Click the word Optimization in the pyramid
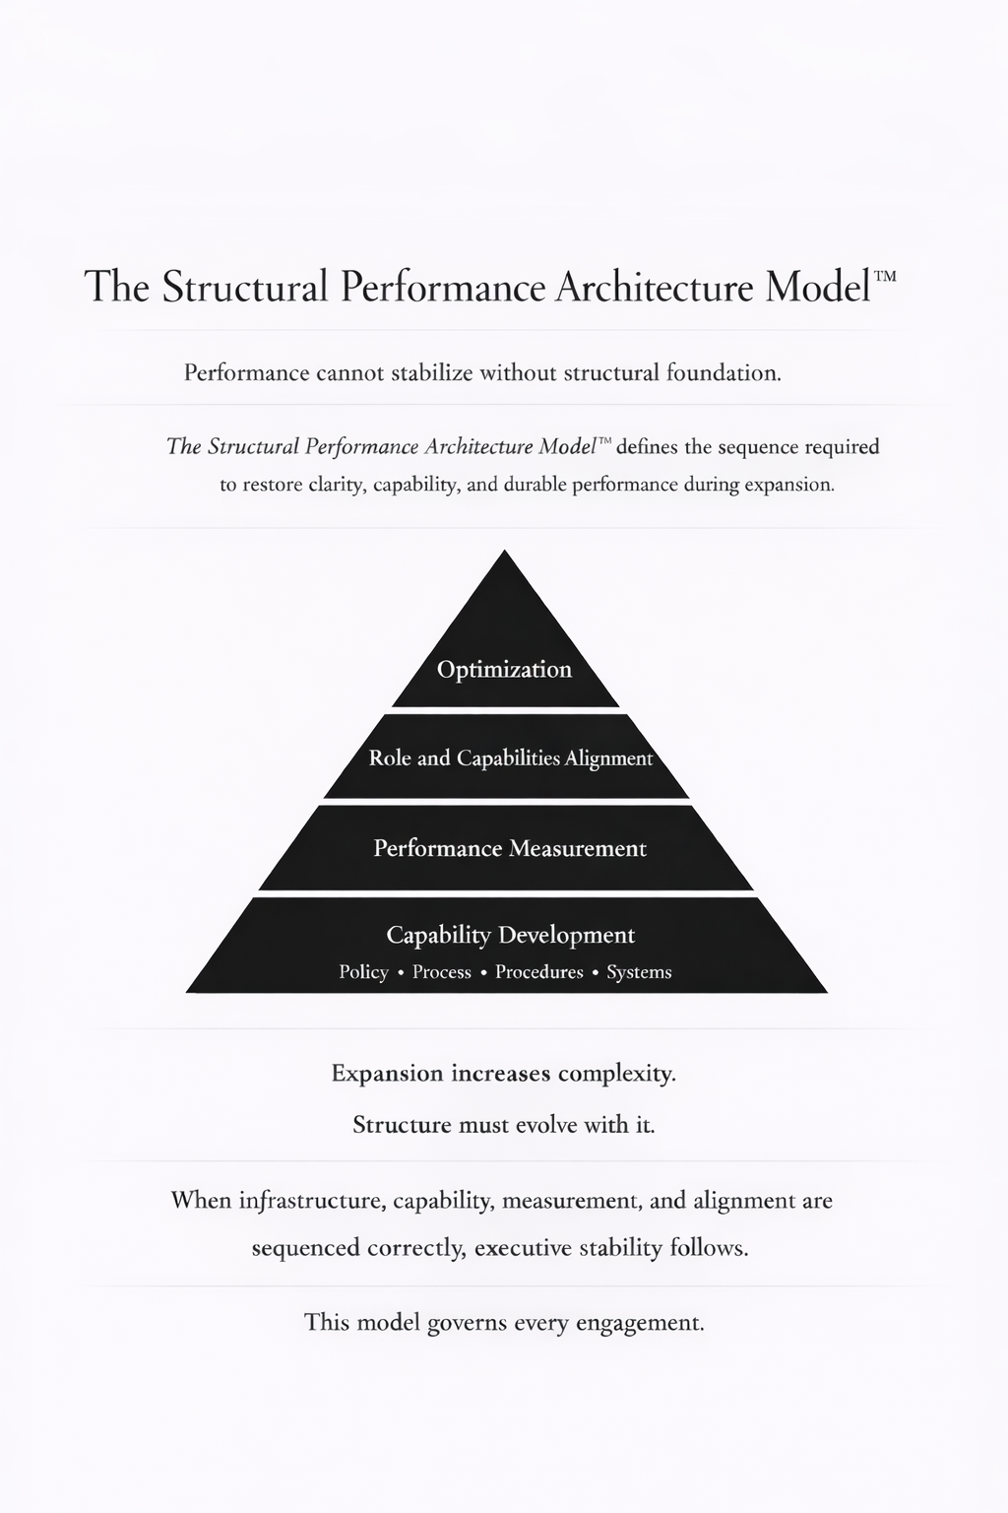click(504, 670)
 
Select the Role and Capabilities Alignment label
click(510, 758)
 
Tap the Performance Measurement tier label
click(510, 848)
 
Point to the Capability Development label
click(510, 935)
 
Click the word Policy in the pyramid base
click(363, 972)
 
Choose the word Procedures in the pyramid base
click(538, 972)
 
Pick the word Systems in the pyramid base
click(639, 972)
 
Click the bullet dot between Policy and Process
click(401, 973)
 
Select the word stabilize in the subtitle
click(432, 373)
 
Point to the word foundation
click(724, 373)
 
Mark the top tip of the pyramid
click(505, 552)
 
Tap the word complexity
click(617, 1074)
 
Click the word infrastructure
click(311, 1201)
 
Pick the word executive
click(523, 1248)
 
